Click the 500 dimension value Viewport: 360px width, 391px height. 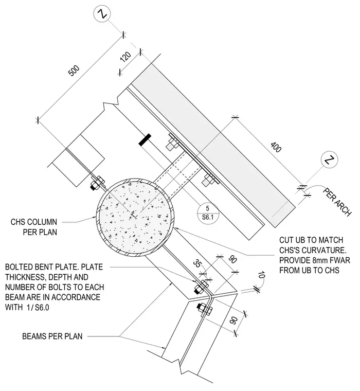pyautogui.click(x=74, y=70)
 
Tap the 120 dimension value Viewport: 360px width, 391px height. pyautogui.click(x=125, y=57)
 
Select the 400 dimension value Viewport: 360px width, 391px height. pyautogui.click(x=276, y=147)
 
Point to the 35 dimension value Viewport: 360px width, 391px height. pyautogui.click(x=196, y=263)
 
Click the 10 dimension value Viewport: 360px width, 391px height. pyautogui.click(x=261, y=275)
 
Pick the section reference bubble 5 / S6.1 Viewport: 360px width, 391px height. pyautogui.click(x=208, y=212)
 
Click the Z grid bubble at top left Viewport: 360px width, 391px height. pyautogui.click(x=102, y=13)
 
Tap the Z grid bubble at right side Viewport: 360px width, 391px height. pyautogui.click(x=329, y=159)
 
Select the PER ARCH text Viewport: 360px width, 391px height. pyautogui.click(x=337, y=202)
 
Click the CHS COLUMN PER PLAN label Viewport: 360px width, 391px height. pyautogui.click(x=34, y=227)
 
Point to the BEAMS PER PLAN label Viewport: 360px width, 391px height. pyautogui.click(x=52, y=336)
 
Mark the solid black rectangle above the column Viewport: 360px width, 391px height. pyautogui.click(x=145, y=139)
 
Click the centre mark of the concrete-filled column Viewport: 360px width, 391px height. pyautogui.click(x=133, y=214)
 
